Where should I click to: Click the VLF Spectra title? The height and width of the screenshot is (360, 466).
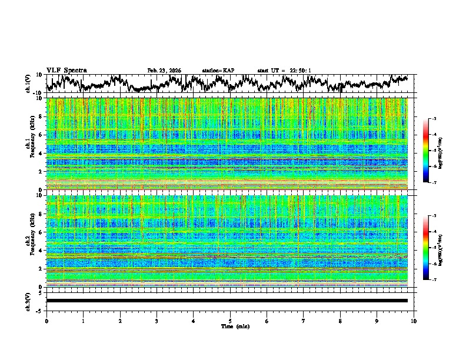pos(66,70)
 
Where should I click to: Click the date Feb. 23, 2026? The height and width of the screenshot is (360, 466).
pos(164,71)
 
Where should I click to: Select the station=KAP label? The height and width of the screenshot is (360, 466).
pos(218,71)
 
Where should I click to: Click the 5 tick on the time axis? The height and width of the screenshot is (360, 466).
pos(230,321)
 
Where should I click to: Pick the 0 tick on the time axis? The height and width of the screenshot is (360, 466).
pos(46,321)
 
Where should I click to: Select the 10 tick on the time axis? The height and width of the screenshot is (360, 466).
pos(414,321)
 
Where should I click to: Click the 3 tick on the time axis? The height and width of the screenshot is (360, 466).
pos(157,321)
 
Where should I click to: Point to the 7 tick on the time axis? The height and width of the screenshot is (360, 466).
pos(304,321)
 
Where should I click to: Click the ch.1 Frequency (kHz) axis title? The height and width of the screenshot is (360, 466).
pos(31,143)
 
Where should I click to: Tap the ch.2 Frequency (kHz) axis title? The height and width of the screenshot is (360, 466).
pos(31,240)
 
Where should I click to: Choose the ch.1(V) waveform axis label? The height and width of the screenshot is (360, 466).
pos(29,83)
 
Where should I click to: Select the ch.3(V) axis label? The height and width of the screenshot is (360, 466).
pos(29,301)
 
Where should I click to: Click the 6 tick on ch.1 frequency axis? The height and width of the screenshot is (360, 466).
pos(41,135)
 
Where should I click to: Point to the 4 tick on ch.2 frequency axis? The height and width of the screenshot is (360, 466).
pos(41,250)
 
